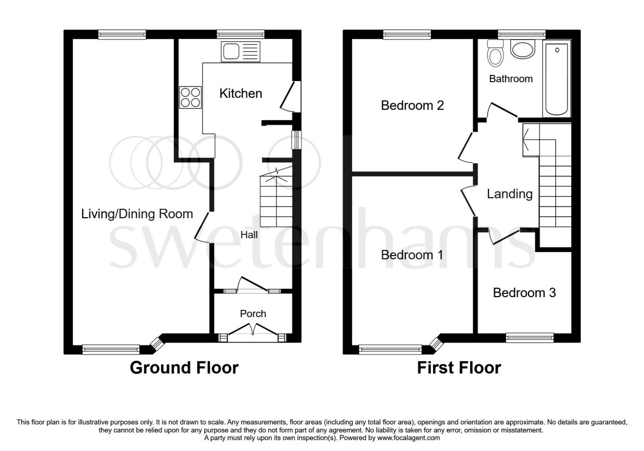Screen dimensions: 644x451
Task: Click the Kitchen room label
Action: click(241, 94)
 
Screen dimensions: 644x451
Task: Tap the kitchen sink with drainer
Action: click(240, 52)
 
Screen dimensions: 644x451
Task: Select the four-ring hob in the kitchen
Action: click(190, 97)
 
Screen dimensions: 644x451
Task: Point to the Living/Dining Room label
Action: click(137, 214)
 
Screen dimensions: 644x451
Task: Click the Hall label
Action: click(249, 234)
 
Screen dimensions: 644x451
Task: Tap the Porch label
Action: click(253, 314)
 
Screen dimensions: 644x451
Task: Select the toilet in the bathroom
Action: click(495, 53)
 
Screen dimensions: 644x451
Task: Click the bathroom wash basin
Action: click(522, 49)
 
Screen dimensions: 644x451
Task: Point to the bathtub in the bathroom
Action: click(556, 78)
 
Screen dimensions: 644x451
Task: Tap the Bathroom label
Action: click(511, 79)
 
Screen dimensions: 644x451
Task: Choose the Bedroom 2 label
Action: click(412, 106)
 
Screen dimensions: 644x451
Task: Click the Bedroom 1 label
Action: click(412, 255)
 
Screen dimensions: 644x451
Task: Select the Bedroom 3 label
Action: click(525, 293)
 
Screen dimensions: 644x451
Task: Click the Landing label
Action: click(510, 194)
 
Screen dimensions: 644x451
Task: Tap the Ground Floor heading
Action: click(184, 368)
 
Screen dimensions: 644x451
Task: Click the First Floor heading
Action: click(459, 368)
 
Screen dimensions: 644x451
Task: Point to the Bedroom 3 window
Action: click(530, 338)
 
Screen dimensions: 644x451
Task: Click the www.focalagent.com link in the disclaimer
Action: click(408, 438)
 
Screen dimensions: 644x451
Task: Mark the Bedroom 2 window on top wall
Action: click(407, 35)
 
